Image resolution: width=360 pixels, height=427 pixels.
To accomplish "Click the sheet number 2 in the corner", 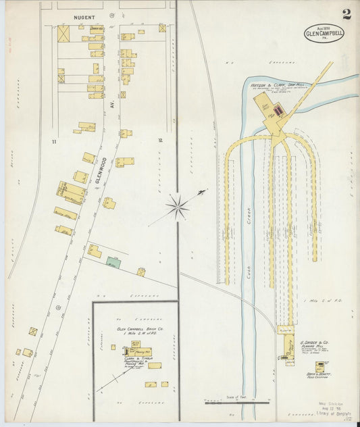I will tap(346, 14).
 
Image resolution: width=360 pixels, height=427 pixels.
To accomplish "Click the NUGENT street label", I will tap(84, 16).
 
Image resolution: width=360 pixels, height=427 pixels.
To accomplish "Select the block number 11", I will tap(53, 142).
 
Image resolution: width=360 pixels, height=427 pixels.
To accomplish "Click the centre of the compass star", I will tap(178, 207).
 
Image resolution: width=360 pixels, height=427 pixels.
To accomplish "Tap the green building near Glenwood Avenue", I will tap(113, 263).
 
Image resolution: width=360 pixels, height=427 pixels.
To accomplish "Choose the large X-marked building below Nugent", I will tap(63, 34).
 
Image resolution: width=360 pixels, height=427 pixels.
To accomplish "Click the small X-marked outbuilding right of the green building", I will tap(141, 272).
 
